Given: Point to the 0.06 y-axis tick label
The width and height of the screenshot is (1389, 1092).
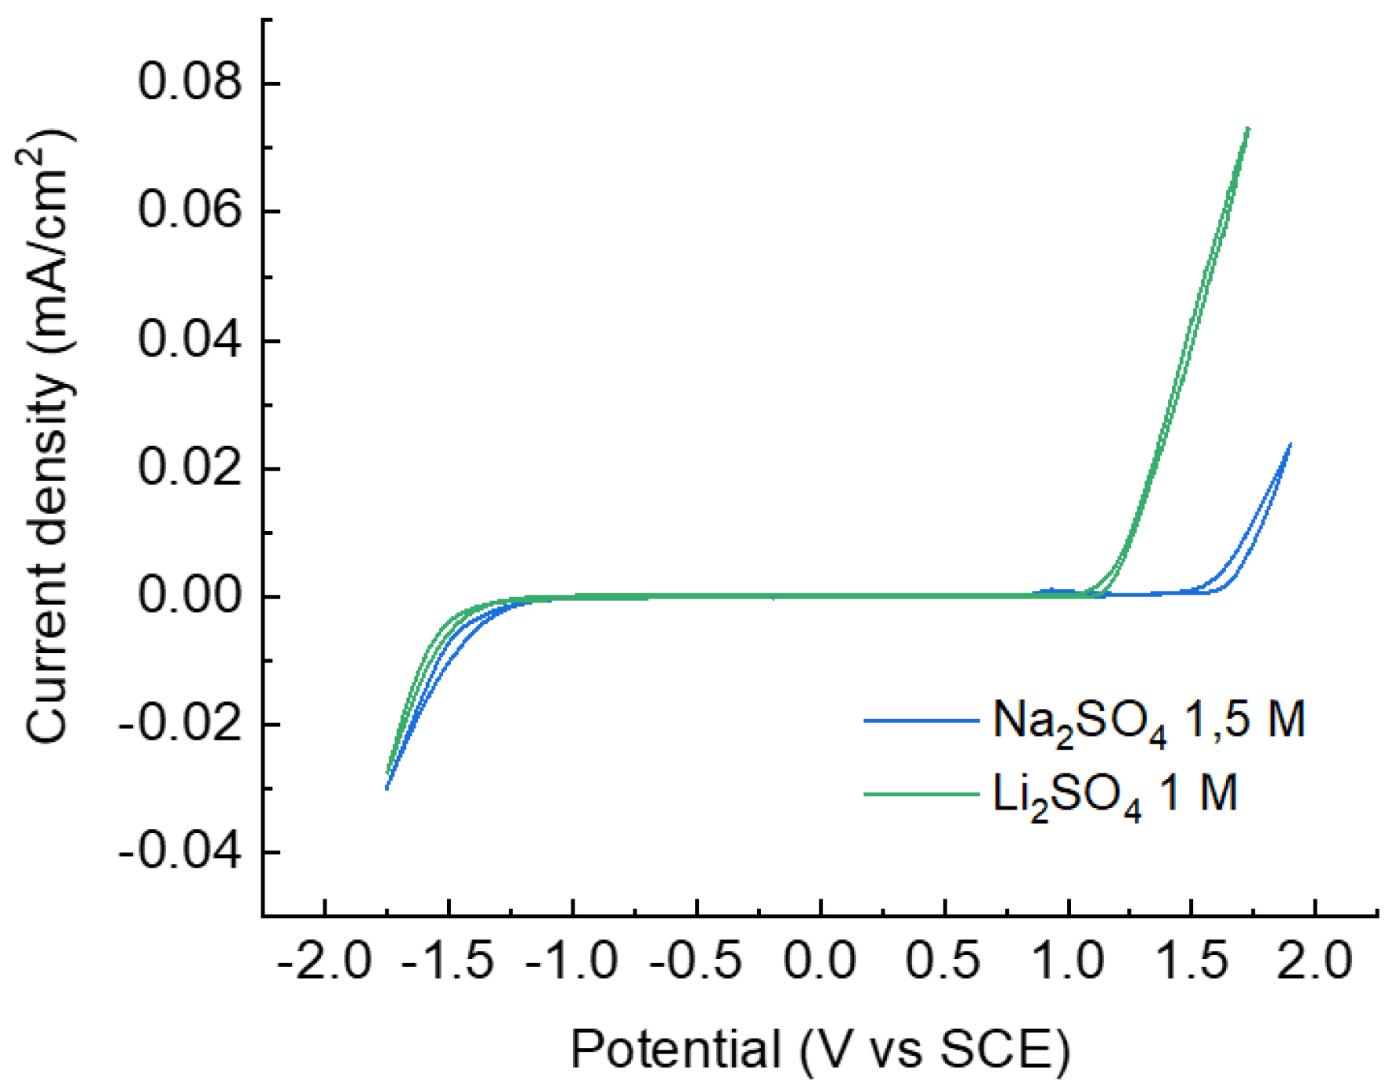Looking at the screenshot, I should coord(189,210).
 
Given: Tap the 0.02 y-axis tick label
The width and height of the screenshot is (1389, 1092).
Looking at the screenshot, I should coord(189,467).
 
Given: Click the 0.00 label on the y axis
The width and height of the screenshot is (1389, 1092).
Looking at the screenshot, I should coord(189,596).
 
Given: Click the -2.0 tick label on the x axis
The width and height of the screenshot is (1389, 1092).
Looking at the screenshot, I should coord(323,961).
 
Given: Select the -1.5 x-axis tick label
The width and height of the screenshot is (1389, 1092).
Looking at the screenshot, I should coord(448,961).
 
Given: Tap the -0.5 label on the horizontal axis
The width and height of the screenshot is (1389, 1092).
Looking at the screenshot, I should coord(696,961).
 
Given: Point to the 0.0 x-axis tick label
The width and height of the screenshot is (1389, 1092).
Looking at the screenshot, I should coord(820,961).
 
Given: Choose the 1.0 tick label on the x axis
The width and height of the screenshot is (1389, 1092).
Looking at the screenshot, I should coord(1068,961).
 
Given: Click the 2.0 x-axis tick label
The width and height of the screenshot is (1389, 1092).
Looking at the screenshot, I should coord(1315,961).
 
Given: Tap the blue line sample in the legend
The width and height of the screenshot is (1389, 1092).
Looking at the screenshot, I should coord(922,720).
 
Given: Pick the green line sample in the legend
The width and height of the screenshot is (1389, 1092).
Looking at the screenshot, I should coord(922,794).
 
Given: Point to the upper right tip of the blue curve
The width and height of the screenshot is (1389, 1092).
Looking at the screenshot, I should coord(1291,445).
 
